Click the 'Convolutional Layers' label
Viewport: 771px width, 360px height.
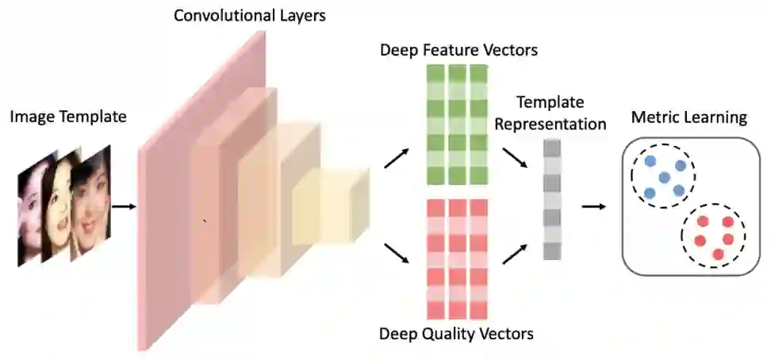(x=250, y=14)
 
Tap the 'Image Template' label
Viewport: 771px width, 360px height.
(x=68, y=117)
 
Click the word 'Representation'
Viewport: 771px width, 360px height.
(x=560, y=124)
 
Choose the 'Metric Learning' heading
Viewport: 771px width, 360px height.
(x=689, y=118)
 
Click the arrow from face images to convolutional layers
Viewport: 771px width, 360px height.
(x=123, y=206)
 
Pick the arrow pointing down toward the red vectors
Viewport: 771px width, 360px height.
(x=397, y=253)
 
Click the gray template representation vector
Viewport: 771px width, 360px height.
(x=552, y=199)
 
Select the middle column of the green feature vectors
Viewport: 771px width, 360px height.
(x=457, y=125)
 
